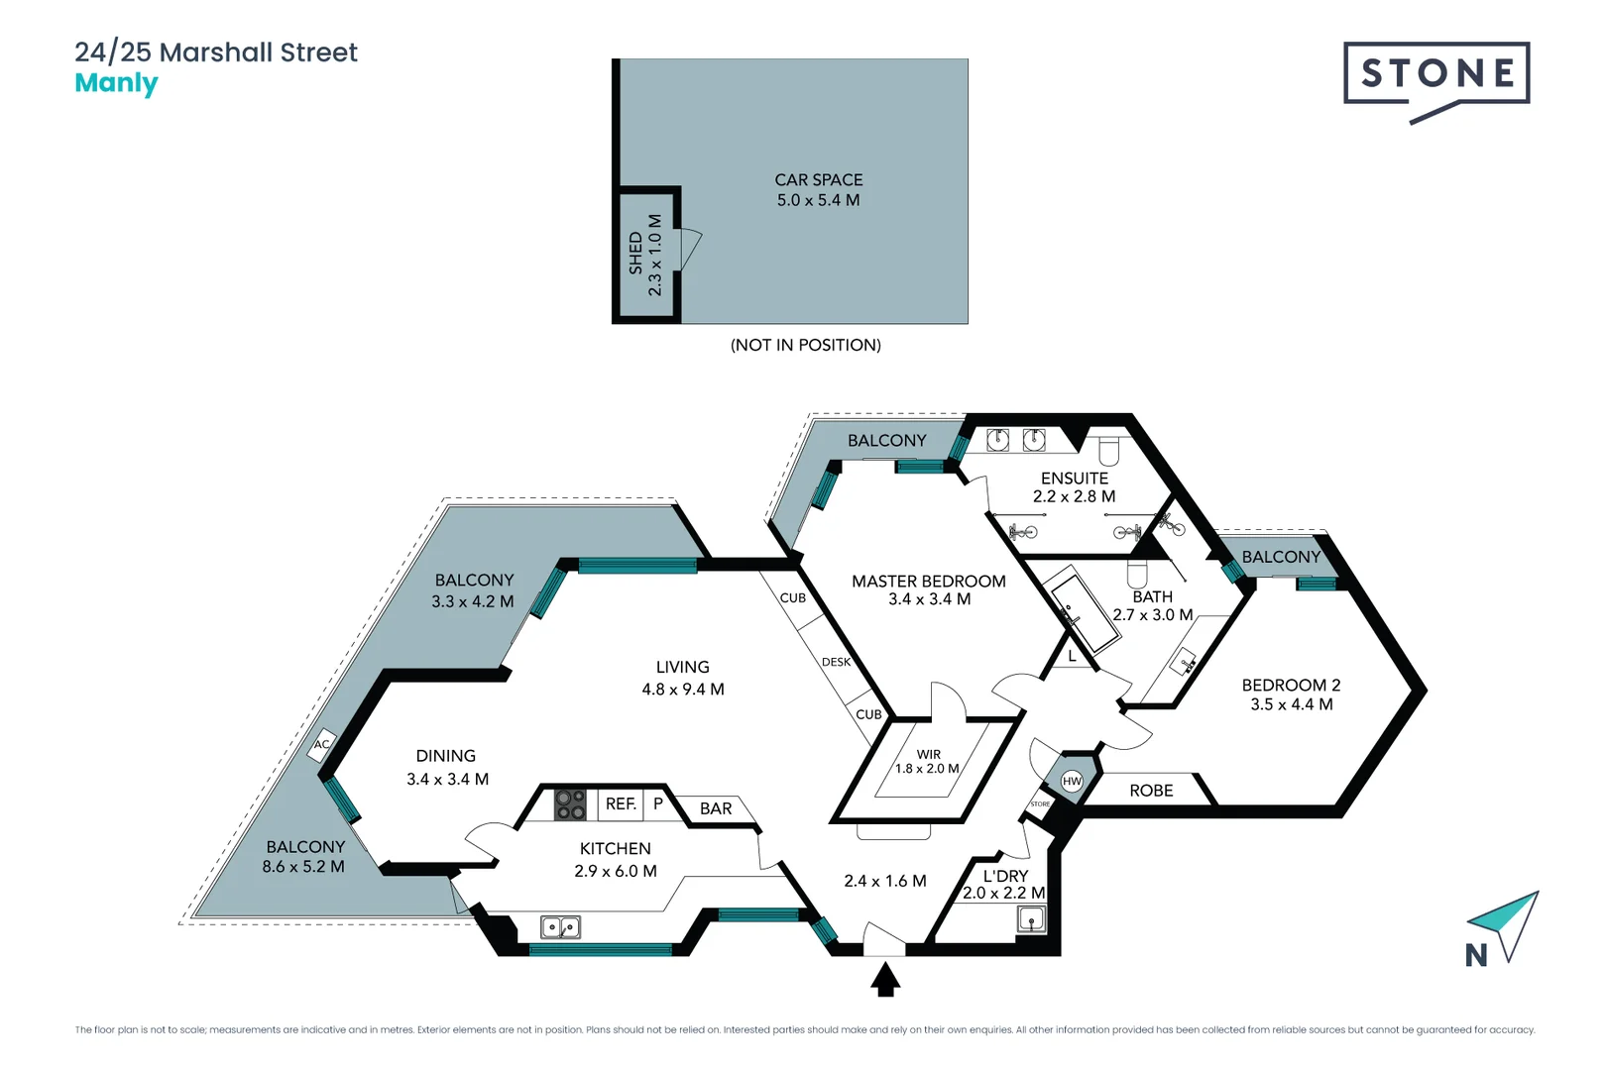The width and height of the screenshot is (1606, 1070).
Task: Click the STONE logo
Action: click(1436, 74)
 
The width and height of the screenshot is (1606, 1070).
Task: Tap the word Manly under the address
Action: click(116, 83)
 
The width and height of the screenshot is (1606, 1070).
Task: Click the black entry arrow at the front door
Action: click(885, 981)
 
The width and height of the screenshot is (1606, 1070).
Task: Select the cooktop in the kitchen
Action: click(570, 803)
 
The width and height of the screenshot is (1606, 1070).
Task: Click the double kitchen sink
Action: click(560, 927)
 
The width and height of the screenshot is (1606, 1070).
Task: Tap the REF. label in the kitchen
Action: click(621, 803)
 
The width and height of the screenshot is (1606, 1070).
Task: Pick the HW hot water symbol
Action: click(1072, 781)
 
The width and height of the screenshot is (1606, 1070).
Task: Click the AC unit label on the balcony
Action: click(322, 745)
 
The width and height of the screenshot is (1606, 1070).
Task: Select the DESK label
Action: click(836, 662)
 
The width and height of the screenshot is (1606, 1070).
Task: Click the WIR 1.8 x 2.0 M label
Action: click(928, 761)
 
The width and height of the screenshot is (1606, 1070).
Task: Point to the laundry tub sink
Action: click(1031, 919)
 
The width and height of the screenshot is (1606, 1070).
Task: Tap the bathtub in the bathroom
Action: click(1084, 609)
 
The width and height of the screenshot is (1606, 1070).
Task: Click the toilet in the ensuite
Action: click(1108, 450)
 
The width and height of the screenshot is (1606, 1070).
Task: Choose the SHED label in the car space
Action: click(635, 254)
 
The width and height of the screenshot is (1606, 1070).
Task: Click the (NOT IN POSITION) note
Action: click(805, 345)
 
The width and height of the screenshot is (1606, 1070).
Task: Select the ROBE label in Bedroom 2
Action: click(1151, 791)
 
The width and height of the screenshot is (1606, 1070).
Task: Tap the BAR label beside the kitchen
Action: click(716, 808)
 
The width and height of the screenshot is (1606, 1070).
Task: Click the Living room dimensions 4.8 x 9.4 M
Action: click(683, 690)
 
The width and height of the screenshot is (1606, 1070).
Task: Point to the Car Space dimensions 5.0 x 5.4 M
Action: click(818, 200)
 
